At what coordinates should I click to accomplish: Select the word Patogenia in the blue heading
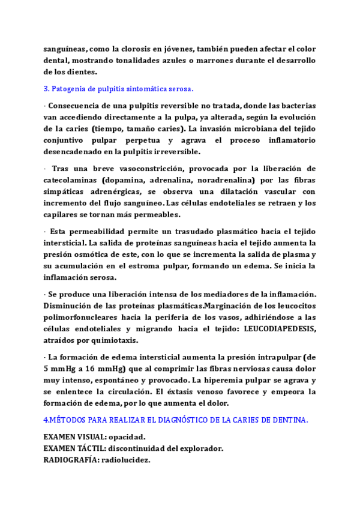click(76, 89)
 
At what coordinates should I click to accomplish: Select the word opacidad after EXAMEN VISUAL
click(127, 437)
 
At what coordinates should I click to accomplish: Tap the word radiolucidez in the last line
click(127, 460)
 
